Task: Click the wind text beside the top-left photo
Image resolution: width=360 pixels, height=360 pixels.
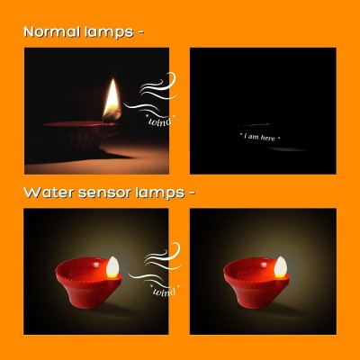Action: tap(160, 120)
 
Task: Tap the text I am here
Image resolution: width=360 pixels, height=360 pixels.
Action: tap(259, 137)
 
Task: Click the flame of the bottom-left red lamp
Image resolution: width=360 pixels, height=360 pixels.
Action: tap(112, 266)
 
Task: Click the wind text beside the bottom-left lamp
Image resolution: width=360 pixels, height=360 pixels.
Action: tap(164, 292)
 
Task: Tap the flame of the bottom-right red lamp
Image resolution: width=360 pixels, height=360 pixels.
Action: tap(280, 266)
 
